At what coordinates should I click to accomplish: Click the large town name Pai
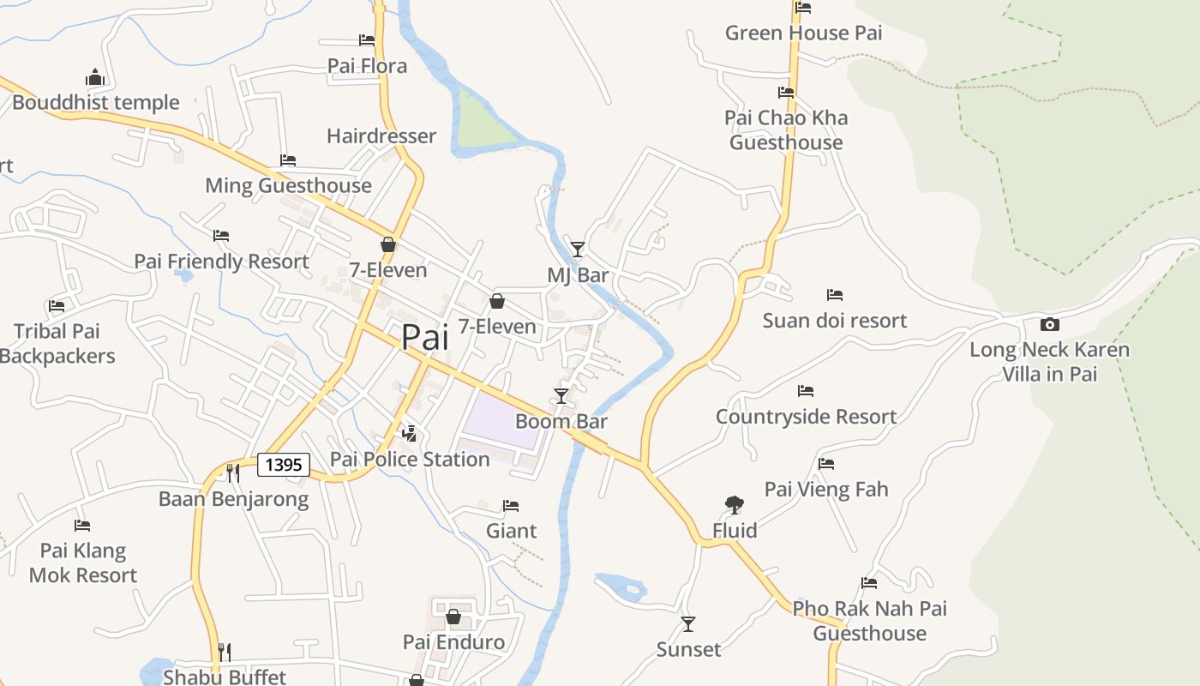(x=425, y=337)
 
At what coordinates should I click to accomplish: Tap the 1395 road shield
(x=284, y=465)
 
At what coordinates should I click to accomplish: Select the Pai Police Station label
(x=410, y=460)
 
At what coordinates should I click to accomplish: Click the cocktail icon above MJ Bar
(x=578, y=249)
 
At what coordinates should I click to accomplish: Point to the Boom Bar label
(x=561, y=421)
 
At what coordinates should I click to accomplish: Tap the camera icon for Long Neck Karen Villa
(x=1049, y=324)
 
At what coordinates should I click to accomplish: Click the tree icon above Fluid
(x=734, y=505)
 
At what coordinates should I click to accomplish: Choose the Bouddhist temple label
(x=96, y=103)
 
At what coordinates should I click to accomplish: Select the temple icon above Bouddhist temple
(x=94, y=77)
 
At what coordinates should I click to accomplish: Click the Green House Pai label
(x=803, y=33)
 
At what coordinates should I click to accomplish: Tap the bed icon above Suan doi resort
(x=835, y=295)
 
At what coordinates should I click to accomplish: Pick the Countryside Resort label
(x=806, y=417)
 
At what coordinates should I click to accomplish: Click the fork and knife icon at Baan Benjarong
(x=232, y=472)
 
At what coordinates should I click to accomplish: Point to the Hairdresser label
(x=381, y=136)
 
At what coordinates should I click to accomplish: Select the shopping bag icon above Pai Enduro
(x=453, y=617)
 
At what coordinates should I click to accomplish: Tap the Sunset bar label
(x=688, y=650)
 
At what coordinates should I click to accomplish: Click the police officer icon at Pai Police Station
(x=410, y=433)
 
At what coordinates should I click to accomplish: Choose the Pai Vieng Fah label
(x=825, y=490)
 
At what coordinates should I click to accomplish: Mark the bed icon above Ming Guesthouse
(x=288, y=160)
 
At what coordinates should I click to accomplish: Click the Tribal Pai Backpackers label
(x=57, y=344)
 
